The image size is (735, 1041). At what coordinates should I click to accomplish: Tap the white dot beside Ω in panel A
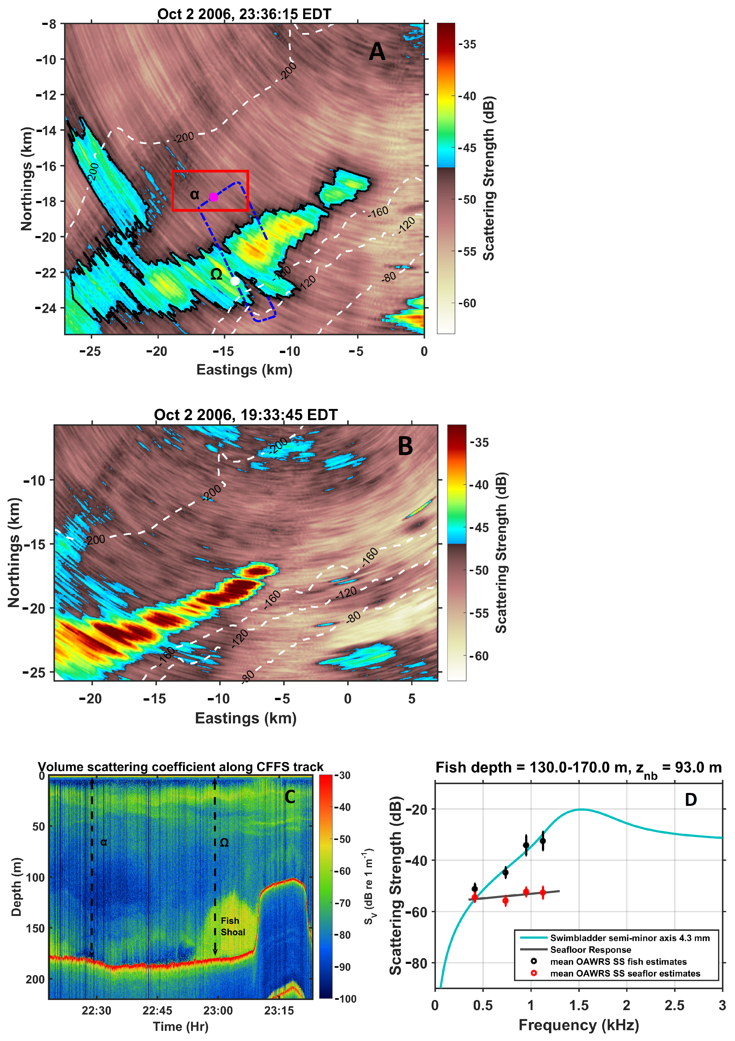[235, 281]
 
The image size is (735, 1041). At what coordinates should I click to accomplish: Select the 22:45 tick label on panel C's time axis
[157, 1011]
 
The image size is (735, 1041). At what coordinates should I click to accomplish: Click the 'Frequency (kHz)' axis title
[579, 1025]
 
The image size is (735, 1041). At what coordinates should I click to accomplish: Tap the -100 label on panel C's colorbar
[345, 998]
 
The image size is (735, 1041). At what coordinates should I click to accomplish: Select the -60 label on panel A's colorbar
[467, 303]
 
